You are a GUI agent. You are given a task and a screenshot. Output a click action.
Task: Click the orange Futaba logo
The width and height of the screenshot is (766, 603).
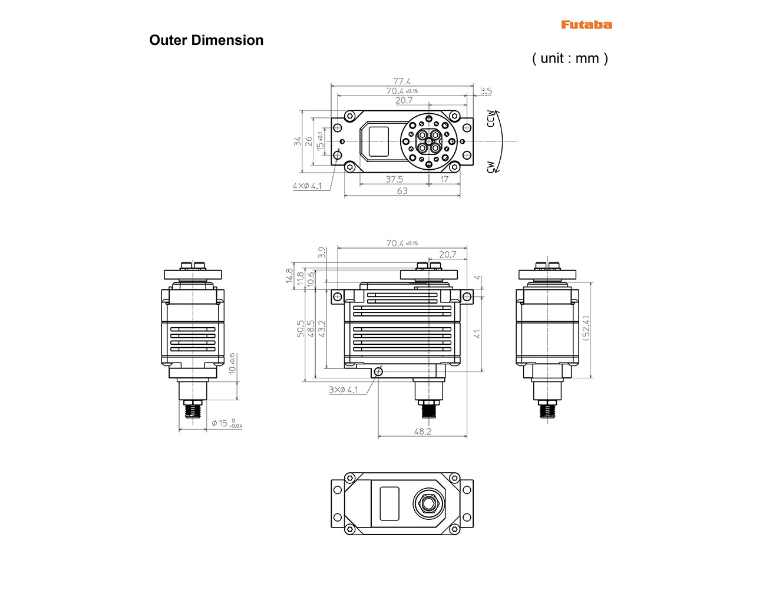point(586,25)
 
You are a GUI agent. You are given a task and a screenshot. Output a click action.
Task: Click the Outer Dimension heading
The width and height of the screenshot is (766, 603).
point(206,40)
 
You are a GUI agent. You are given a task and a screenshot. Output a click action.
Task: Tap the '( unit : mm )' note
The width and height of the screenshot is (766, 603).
point(570,58)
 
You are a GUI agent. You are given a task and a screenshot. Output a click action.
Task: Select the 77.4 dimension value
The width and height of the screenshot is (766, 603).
point(401,81)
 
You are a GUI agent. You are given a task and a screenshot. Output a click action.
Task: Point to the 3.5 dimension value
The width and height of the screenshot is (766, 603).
point(486,91)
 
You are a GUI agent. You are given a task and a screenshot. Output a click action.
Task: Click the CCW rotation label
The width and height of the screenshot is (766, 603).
point(491,118)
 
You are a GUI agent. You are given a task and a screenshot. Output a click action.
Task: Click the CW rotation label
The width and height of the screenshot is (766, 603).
point(491,167)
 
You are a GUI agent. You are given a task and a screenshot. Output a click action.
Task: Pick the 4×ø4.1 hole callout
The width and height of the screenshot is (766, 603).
point(307,186)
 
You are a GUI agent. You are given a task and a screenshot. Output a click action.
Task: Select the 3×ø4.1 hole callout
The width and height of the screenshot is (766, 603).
point(343,390)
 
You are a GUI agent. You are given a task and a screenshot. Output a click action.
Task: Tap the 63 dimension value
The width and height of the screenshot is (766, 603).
point(402,191)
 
